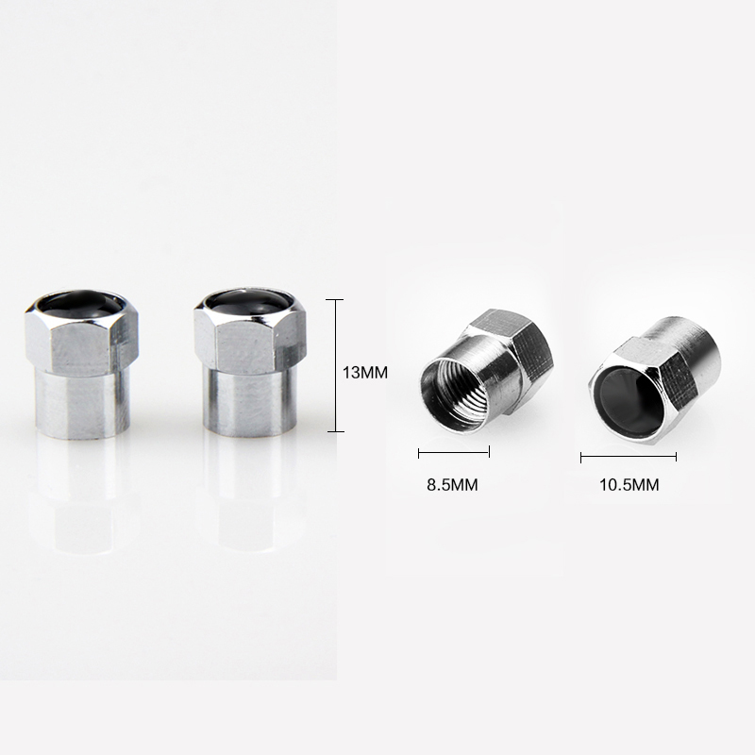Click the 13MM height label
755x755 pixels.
point(364,372)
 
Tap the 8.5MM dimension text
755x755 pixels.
point(452,484)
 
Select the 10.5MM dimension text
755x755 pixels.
point(629,485)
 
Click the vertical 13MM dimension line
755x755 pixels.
point(335,365)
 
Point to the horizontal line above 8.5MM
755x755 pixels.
point(454,452)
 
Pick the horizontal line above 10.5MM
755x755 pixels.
point(629,457)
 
